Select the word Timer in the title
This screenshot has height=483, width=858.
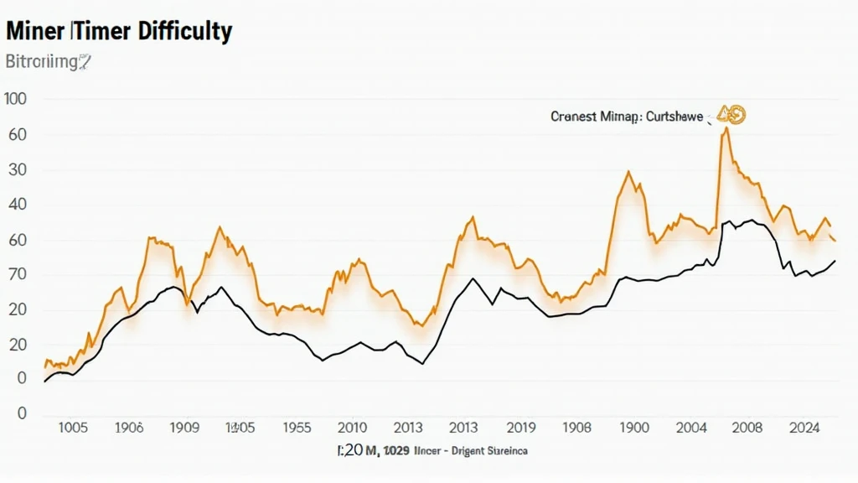(x=100, y=32)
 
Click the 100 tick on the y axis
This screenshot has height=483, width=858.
(x=15, y=99)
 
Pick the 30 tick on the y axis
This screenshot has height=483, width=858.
(x=17, y=169)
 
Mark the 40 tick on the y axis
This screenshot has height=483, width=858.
(x=17, y=205)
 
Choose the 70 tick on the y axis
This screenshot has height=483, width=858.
(x=17, y=274)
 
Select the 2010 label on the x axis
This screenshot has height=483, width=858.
(x=351, y=427)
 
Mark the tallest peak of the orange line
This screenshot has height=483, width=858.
(x=726, y=129)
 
